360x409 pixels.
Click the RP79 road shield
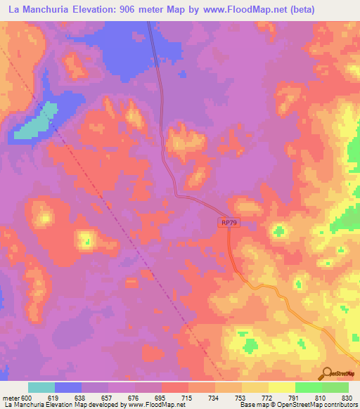[226, 222]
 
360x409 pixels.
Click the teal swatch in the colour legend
[41, 387]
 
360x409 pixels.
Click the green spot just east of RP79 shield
[281, 230]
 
